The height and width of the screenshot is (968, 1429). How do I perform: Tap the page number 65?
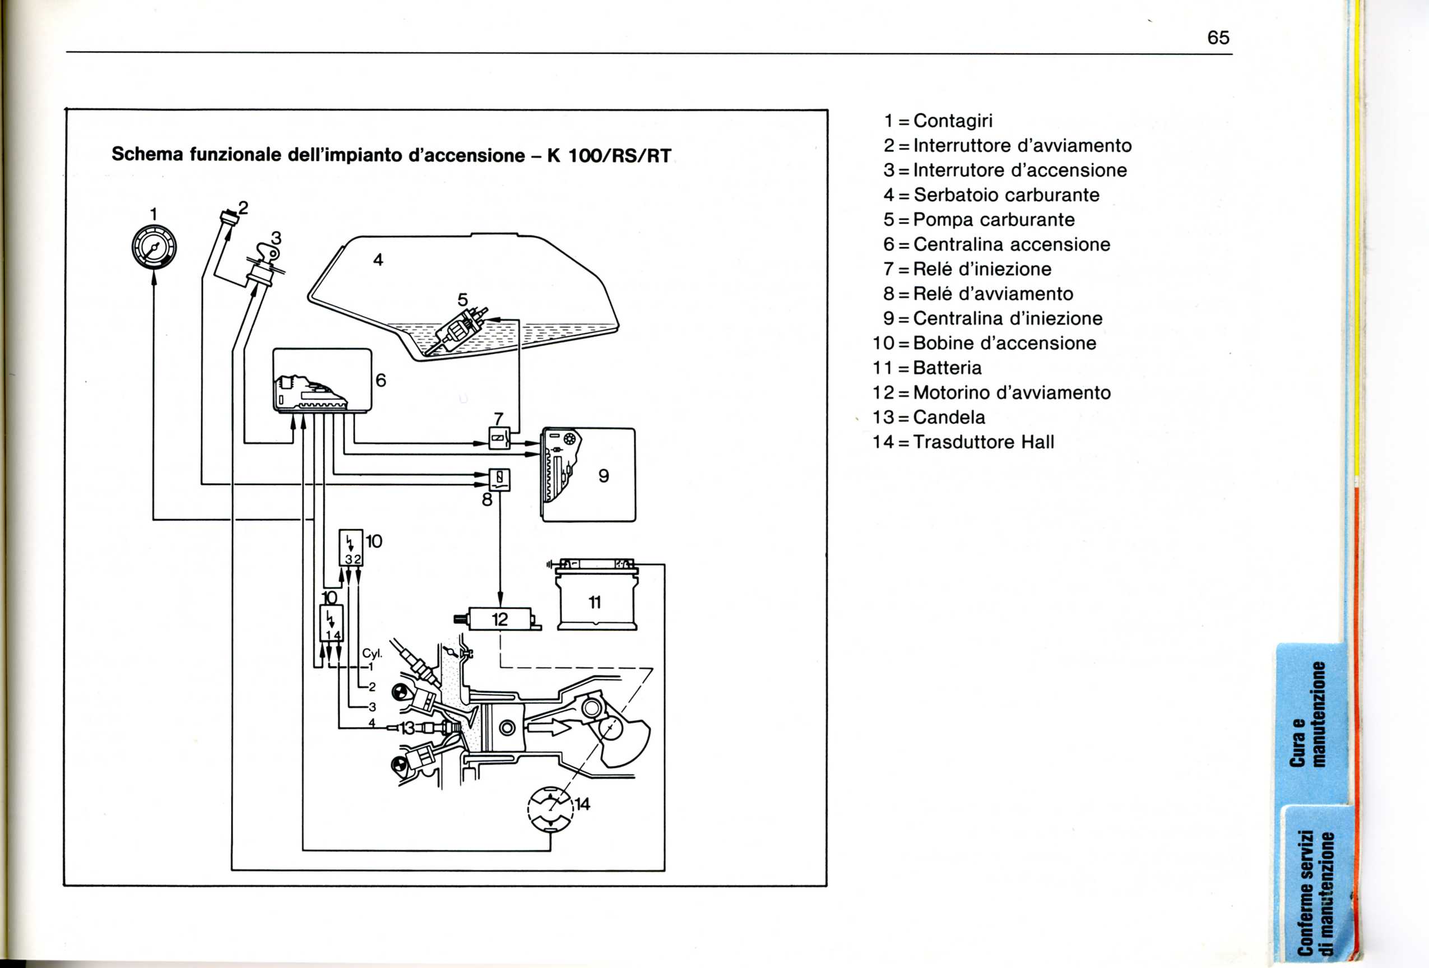[1218, 38]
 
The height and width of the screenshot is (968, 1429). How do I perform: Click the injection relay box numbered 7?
[499, 438]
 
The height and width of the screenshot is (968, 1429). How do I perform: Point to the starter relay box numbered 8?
[499, 479]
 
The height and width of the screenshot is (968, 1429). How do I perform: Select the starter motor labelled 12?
[500, 619]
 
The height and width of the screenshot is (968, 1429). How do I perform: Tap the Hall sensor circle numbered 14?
[550, 809]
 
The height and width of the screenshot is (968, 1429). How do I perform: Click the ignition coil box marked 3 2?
[351, 548]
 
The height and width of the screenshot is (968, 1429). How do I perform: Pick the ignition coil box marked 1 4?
[331, 623]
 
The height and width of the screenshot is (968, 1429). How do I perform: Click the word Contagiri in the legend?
[953, 121]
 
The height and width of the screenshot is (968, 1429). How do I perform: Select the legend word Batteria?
[947, 368]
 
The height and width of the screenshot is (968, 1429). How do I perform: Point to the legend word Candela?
[949, 418]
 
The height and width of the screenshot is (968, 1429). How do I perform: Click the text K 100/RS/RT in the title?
[609, 155]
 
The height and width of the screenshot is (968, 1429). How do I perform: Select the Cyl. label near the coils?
[372, 653]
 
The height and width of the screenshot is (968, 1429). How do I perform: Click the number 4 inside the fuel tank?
[378, 260]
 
